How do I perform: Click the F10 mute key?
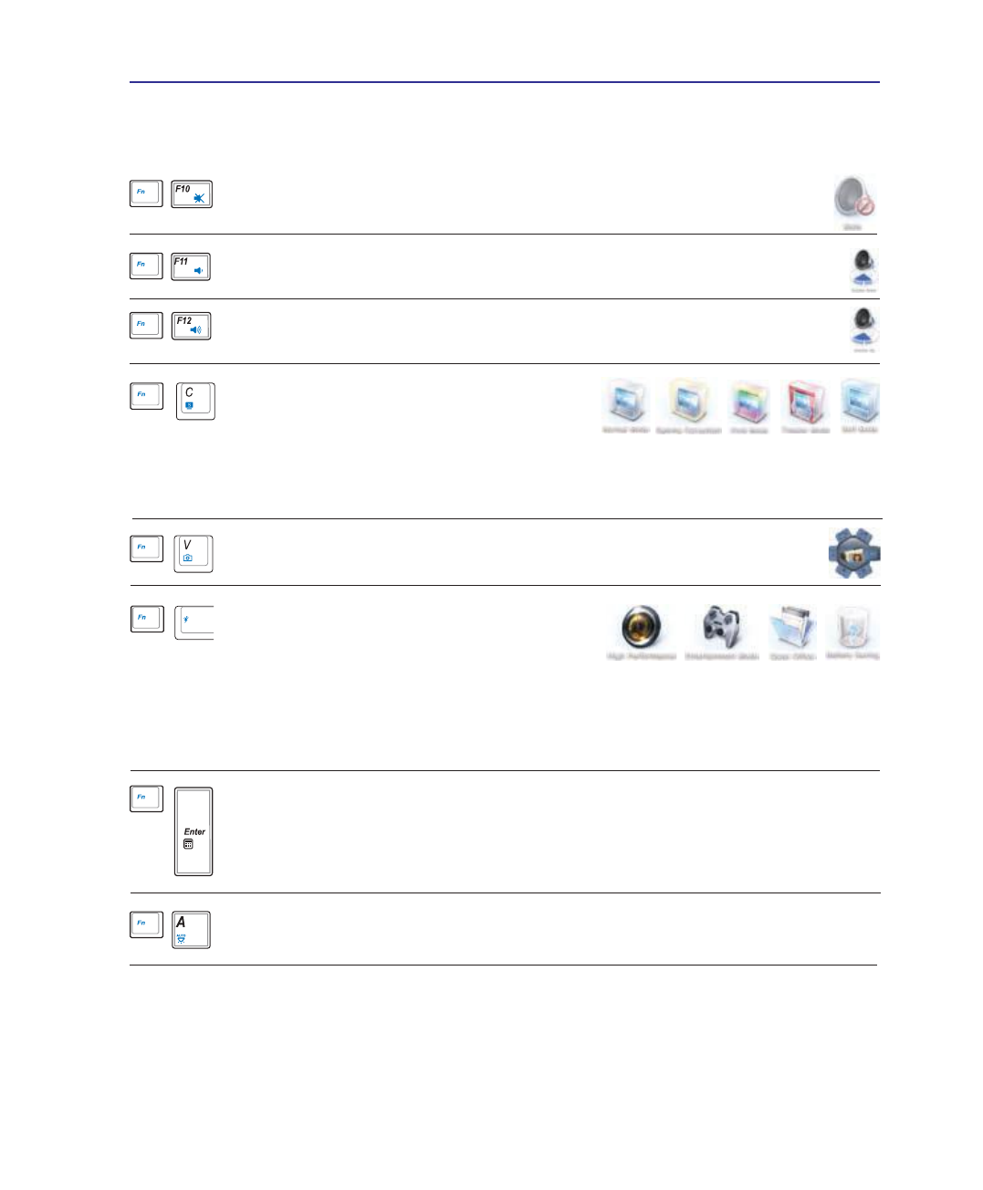click(192, 194)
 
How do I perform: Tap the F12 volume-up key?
click(191, 326)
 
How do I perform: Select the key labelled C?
click(195, 401)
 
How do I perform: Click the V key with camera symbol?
click(193, 554)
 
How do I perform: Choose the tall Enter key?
click(193, 831)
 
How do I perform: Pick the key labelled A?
click(191, 930)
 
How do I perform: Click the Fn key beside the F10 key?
click(146, 193)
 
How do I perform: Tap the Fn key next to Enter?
click(146, 799)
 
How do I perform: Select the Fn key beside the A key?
click(146, 924)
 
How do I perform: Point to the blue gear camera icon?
click(854, 552)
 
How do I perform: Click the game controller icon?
click(722, 627)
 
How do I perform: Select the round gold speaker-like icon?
click(641, 626)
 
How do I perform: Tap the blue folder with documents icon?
click(791, 627)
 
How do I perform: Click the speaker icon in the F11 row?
click(863, 268)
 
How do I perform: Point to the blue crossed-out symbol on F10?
click(199, 198)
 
